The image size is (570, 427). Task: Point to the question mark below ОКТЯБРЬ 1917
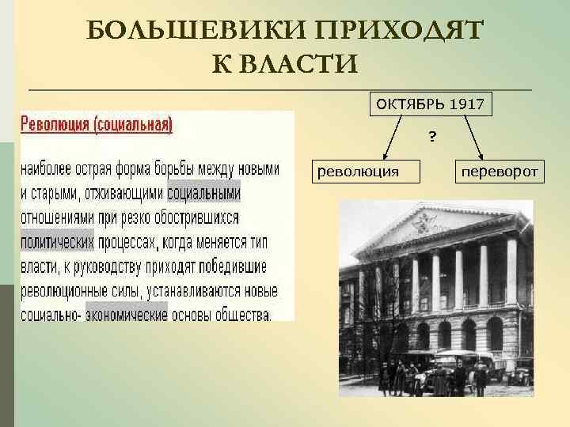(432, 138)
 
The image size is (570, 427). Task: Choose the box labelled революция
(368, 170)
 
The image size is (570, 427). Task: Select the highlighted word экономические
(126, 314)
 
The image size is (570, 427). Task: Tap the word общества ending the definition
(241, 314)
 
